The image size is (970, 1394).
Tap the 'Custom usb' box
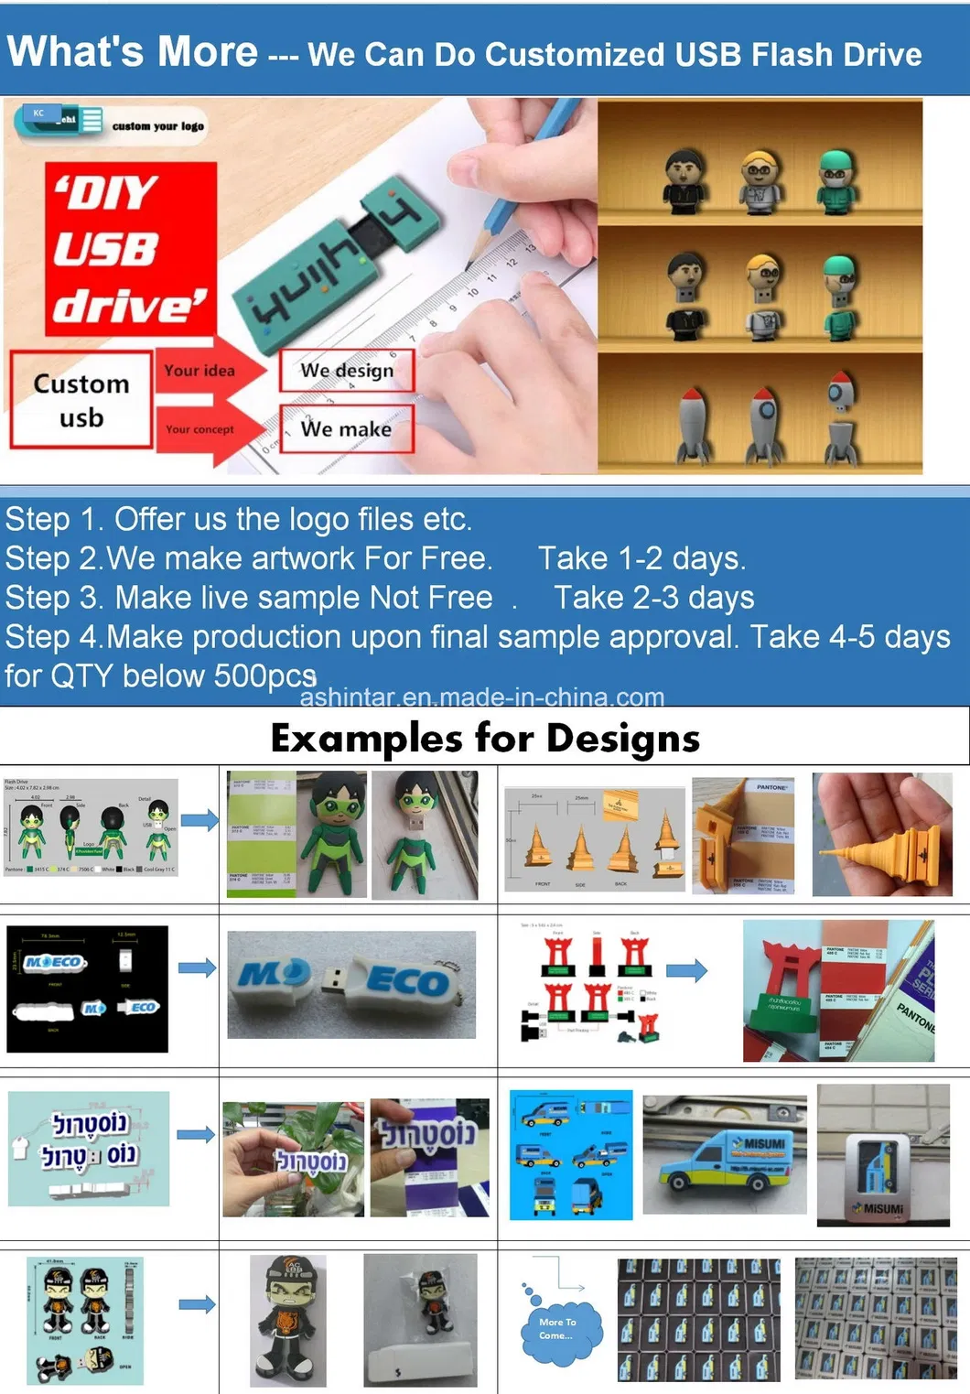81,400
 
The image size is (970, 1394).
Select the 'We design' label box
347,371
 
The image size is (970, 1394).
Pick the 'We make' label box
346,428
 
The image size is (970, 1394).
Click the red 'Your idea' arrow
206,371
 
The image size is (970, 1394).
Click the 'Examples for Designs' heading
485,738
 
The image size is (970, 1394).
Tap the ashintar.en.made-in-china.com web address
482,697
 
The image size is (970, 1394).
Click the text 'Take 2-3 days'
653,598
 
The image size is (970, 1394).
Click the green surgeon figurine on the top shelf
835,178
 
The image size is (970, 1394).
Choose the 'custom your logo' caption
157,126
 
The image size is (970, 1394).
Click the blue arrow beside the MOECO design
197,968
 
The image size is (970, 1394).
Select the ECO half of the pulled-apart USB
407,982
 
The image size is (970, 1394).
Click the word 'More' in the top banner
209,51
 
